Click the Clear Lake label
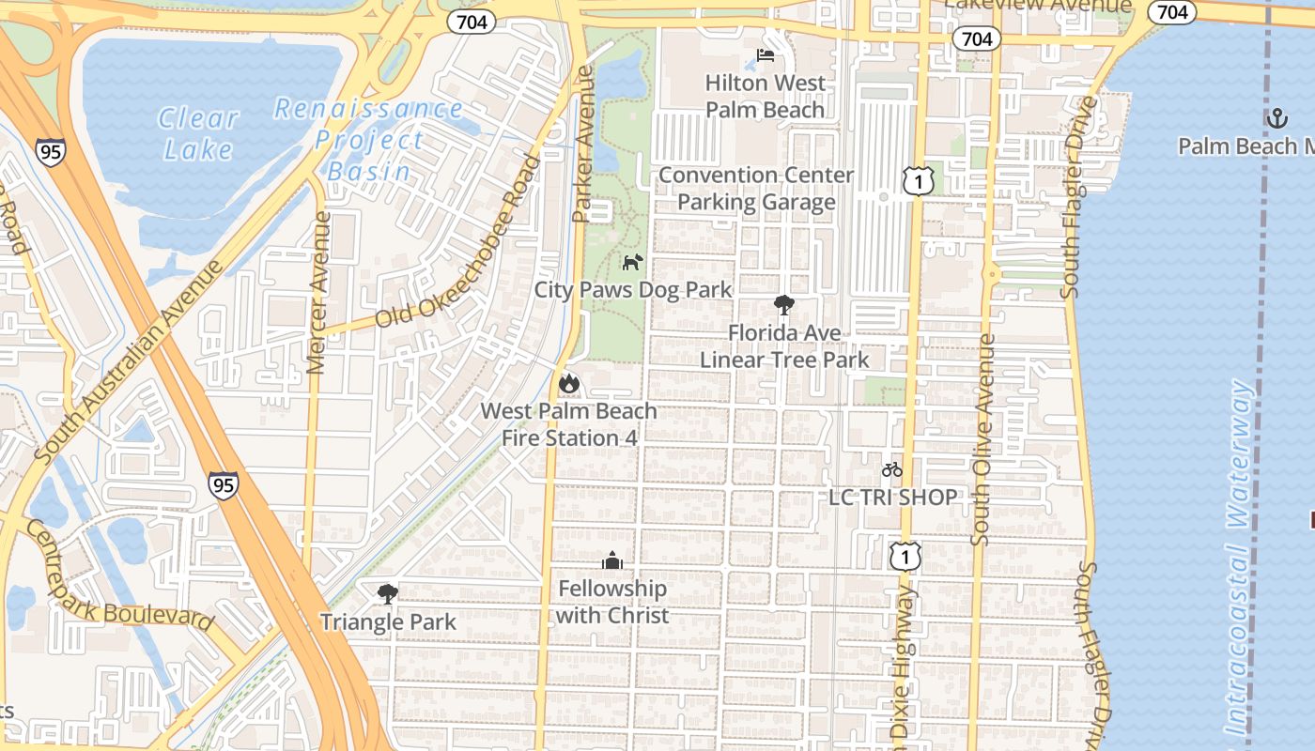pos(198,133)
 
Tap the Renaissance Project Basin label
pos(369,140)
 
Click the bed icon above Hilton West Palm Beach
pos(766,55)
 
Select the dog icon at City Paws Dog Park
pos(633,262)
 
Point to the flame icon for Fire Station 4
pos(568,383)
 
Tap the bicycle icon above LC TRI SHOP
pos(891,469)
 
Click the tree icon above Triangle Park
pos(387,593)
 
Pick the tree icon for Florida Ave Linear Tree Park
pos(783,304)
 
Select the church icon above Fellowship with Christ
pos(612,560)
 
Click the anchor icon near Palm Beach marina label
pos(1276,118)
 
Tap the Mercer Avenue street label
pos(320,292)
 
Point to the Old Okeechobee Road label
pos(458,242)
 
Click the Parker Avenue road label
pos(584,144)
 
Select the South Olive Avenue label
pos(982,439)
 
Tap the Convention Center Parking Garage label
pos(756,189)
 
